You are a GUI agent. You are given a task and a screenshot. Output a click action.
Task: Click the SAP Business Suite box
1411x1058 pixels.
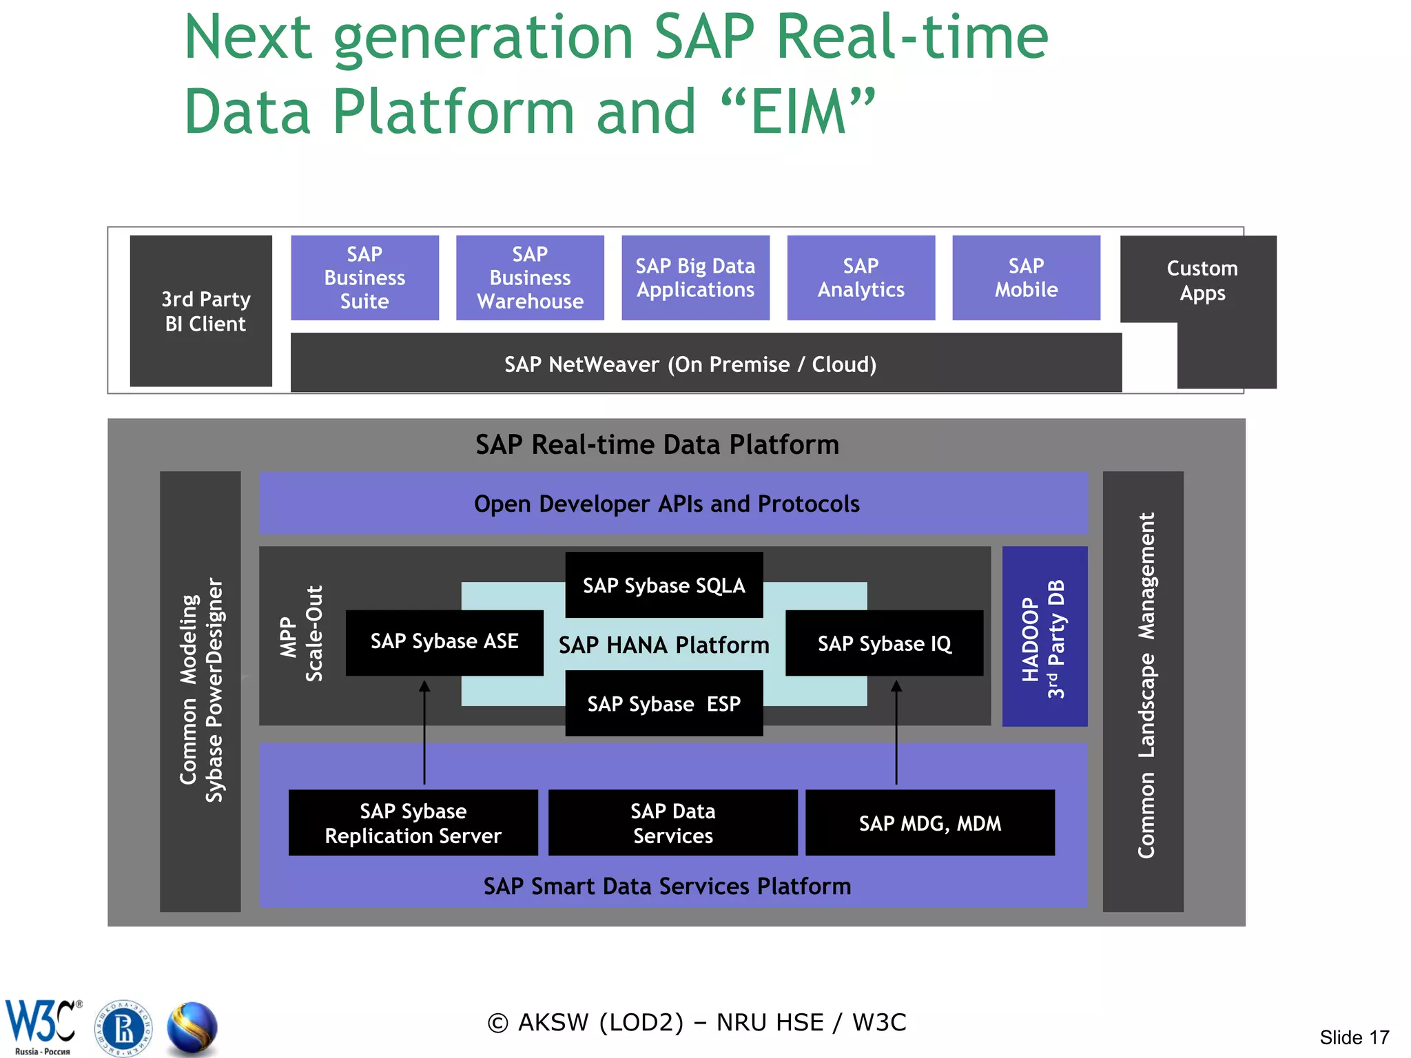click(364, 278)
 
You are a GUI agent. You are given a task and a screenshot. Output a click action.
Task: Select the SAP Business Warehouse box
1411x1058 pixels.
click(530, 278)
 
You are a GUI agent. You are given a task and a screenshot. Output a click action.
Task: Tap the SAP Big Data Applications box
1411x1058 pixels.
click(695, 278)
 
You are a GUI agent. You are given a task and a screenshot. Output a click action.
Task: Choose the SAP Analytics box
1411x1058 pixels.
click(861, 278)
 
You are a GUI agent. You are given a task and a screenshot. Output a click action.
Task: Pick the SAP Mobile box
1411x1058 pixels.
click(1026, 278)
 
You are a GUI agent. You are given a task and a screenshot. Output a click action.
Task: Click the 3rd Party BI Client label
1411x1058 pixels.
click(205, 311)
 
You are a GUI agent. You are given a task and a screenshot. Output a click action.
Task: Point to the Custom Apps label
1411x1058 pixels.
click(1202, 280)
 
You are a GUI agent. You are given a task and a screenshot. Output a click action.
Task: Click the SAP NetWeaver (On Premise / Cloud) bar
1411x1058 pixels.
click(690, 364)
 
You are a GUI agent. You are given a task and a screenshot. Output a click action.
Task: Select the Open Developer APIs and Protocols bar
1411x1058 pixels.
click(667, 504)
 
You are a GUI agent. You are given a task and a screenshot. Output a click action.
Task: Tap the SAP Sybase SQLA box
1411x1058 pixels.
click(663, 585)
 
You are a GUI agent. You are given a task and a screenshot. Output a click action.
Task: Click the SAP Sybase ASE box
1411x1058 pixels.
click(444, 642)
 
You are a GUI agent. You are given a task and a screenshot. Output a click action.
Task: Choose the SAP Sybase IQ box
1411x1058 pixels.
click(884, 643)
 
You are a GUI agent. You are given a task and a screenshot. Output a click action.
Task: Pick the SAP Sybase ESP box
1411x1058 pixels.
click(663, 703)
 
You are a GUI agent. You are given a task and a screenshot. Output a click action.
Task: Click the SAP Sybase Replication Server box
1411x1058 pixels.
click(413, 822)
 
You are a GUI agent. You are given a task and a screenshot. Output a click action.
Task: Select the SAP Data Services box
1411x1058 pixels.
click(672, 822)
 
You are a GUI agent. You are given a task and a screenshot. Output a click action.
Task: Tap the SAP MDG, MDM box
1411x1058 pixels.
click(929, 822)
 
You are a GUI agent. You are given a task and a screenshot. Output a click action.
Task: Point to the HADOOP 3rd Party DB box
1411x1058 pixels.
click(1044, 636)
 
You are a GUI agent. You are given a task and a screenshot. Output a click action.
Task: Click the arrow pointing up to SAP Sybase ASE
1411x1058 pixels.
click(424, 730)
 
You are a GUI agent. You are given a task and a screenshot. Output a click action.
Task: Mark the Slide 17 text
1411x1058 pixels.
click(1354, 1037)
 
